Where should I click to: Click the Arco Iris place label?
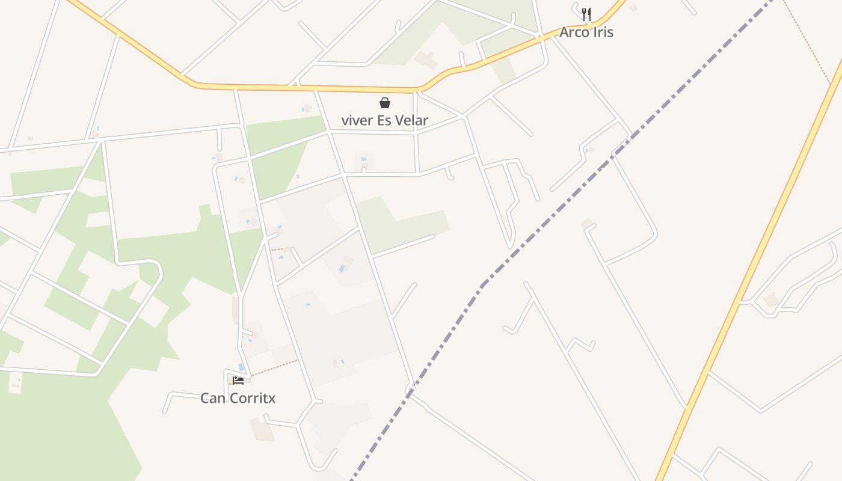click(x=586, y=32)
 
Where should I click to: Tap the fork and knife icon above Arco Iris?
click(x=586, y=14)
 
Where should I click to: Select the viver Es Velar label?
click(x=384, y=120)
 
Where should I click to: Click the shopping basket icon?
click(x=385, y=103)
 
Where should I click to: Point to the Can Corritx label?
click(x=238, y=398)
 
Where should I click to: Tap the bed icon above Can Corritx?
click(x=238, y=380)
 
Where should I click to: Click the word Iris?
click(x=603, y=32)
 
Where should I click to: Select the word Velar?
click(x=411, y=120)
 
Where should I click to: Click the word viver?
click(x=354, y=120)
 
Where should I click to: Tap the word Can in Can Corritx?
click(x=212, y=398)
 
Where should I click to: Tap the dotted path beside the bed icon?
click(x=274, y=368)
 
